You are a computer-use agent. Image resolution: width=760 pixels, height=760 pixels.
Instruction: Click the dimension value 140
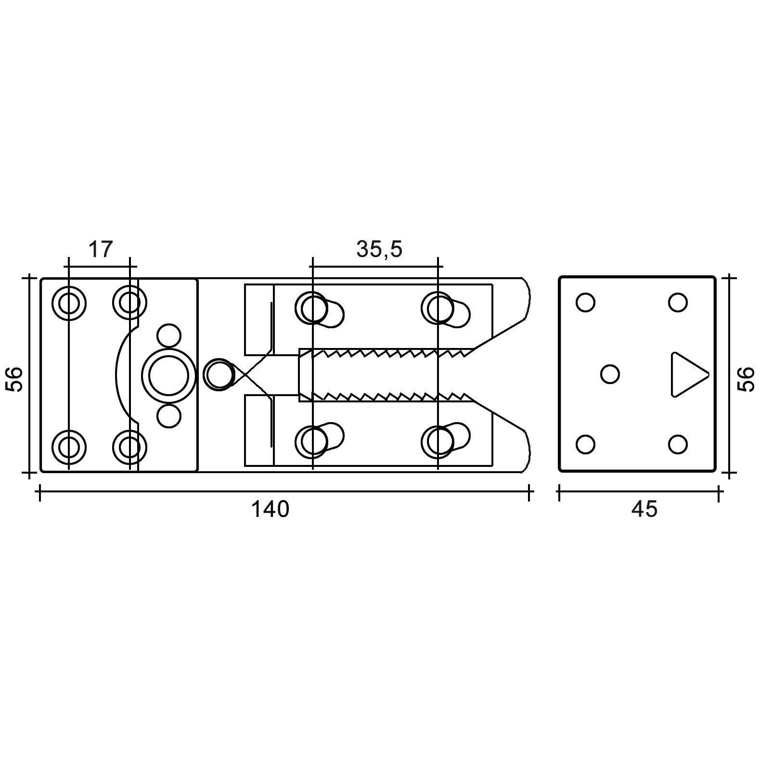(x=271, y=510)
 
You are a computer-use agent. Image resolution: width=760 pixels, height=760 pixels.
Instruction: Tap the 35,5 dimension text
(x=379, y=249)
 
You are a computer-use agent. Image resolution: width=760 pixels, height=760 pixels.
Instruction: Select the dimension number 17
(x=100, y=249)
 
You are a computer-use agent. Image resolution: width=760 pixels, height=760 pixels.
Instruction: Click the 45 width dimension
(x=644, y=510)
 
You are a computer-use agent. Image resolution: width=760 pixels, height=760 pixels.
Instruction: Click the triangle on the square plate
(x=686, y=374)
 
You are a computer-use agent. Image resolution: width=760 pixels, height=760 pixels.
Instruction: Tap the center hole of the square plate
(x=610, y=374)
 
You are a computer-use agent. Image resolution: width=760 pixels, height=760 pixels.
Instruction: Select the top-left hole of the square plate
(x=585, y=303)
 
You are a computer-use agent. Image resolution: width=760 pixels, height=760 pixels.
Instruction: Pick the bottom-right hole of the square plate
(x=677, y=444)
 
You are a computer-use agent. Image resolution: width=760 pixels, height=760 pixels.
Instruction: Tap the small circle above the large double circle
(x=169, y=335)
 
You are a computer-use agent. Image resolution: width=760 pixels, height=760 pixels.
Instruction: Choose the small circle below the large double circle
(x=169, y=416)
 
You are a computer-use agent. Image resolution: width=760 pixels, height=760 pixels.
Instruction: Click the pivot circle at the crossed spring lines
(x=219, y=374)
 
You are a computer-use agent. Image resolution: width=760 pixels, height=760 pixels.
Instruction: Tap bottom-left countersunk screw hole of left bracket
(x=69, y=446)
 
